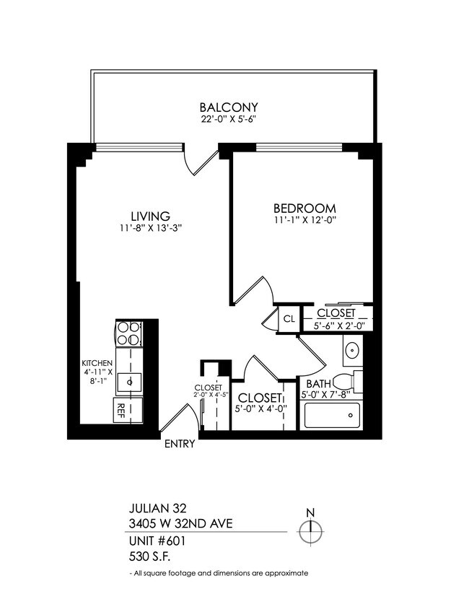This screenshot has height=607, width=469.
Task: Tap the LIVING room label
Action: [149, 216]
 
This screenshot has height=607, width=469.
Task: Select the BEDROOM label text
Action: [305, 209]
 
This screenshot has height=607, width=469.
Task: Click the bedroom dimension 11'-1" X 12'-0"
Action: [305, 220]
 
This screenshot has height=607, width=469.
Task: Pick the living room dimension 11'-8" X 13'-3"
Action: [150, 228]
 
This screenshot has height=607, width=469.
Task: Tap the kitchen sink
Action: [129, 380]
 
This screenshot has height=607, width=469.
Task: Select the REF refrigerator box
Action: [120, 411]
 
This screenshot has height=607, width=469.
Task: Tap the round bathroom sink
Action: [351, 351]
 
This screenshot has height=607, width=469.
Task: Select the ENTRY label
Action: [180, 444]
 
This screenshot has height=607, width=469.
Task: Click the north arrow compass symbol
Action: [311, 531]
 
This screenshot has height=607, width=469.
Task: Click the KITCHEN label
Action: [97, 364]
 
